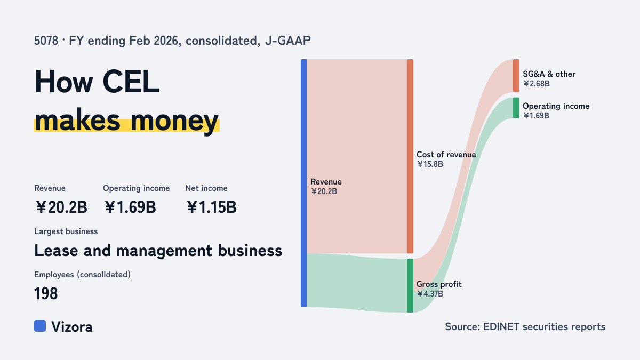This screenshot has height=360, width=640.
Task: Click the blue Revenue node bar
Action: coord(304,183)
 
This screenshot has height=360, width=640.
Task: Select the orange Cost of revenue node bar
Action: coord(410,156)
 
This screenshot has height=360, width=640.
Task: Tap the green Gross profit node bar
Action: coord(410,285)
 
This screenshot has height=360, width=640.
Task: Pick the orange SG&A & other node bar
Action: coord(516,76)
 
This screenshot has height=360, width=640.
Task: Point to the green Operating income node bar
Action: coord(516,108)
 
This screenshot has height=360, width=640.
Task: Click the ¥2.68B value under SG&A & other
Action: coord(537,84)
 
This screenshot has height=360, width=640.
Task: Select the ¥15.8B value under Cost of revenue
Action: coord(430,164)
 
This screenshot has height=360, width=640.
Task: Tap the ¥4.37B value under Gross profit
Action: coord(430,294)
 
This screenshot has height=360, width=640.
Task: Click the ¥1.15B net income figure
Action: coord(211,207)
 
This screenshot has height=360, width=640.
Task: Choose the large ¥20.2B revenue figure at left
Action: coord(61,207)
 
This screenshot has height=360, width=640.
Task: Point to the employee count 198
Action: coord(46,293)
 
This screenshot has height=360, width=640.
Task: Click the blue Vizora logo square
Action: coord(40,326)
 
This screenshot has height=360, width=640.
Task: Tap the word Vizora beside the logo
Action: coord(72,327)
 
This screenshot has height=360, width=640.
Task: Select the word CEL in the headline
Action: coord(131,82)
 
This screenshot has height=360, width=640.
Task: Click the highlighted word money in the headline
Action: coord(174,121)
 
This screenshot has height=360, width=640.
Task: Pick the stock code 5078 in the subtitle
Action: coord(46,41)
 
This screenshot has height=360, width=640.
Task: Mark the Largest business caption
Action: coord(66,231)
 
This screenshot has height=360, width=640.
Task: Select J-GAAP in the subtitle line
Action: coord(288,41)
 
